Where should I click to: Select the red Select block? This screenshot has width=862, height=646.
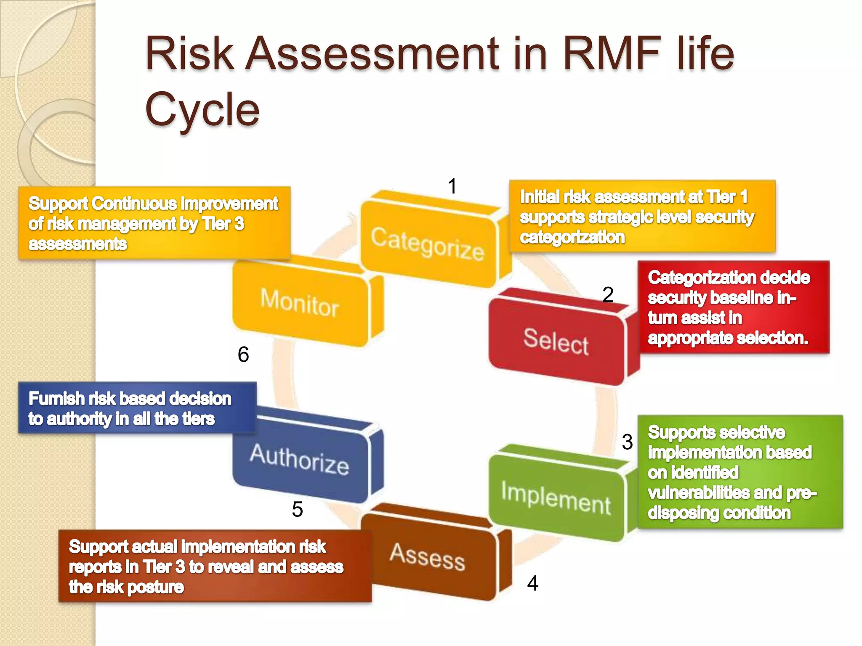point(556,341)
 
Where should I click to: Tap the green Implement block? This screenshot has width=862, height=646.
point(556,498)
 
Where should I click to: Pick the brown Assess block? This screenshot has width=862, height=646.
point(427,557)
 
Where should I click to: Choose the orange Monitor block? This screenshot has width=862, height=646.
point(300,303)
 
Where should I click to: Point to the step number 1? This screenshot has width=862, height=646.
point(452,186)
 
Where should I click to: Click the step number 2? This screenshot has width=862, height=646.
point(608,294)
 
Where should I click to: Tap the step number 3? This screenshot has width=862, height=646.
point(627,442)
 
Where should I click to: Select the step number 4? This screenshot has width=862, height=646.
point(532,583)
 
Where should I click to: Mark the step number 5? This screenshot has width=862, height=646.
point(297,509)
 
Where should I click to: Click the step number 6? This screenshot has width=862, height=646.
point(243,355)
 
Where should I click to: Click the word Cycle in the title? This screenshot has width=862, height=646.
point(202,109)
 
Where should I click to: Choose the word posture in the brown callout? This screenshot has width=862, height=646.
point(155,587)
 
